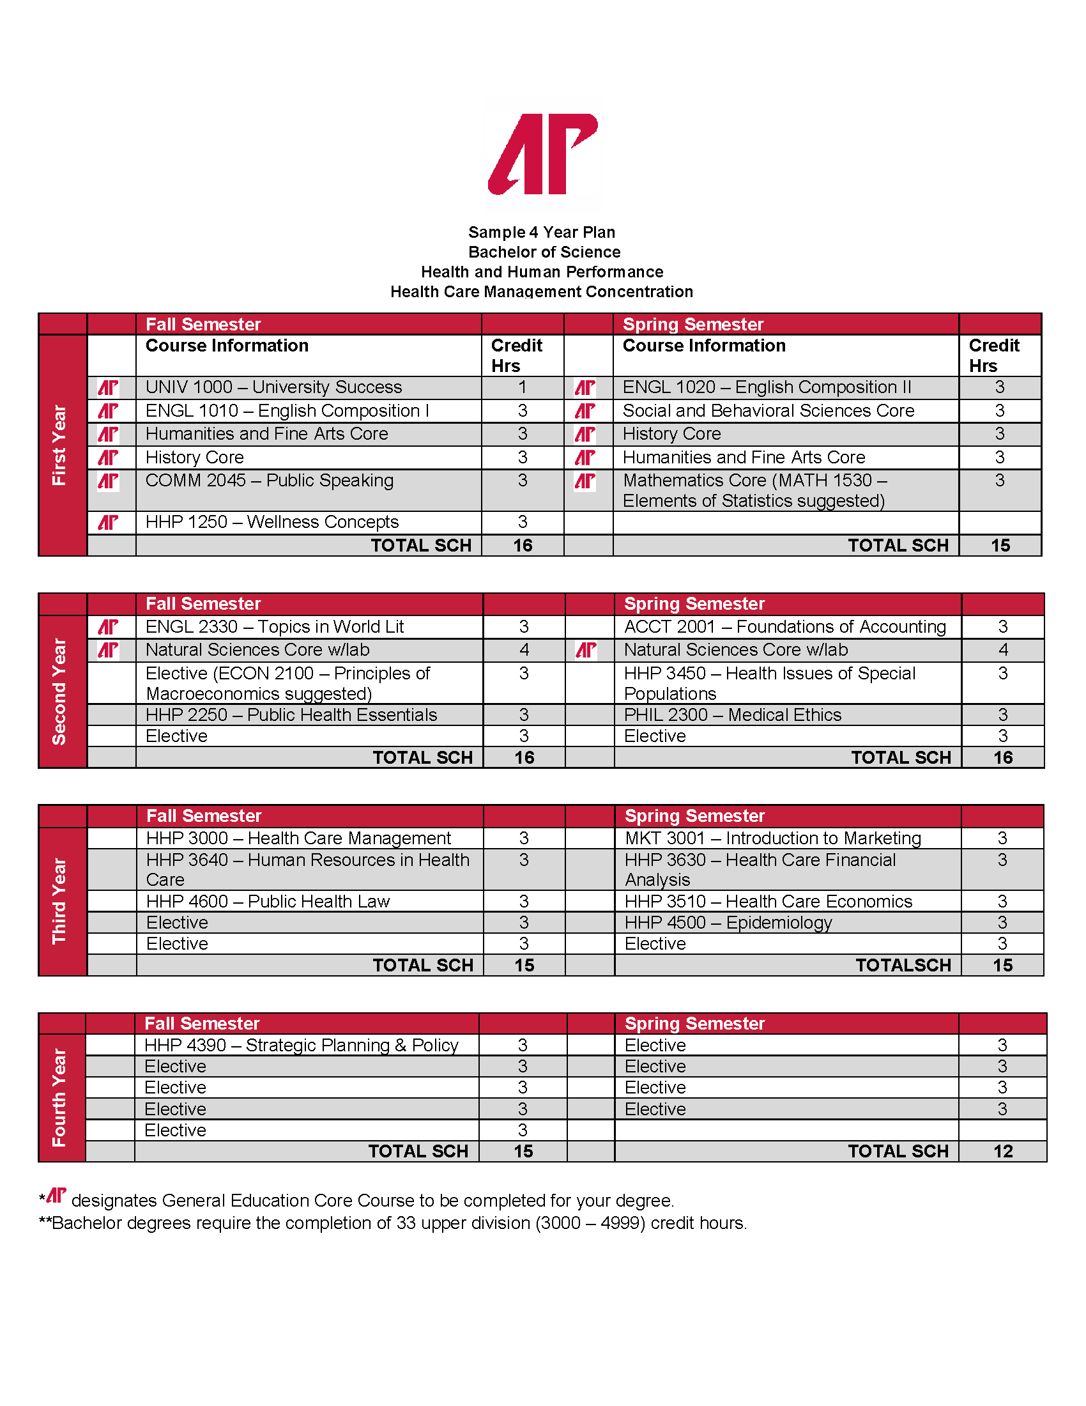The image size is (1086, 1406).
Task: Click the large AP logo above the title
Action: click(x=543, y=154)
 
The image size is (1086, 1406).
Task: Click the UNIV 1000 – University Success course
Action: click(x=273, y=387)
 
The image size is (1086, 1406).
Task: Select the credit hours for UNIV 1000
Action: click(x=523, y=387)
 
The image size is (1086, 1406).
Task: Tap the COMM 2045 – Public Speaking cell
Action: click(x=270, y=481)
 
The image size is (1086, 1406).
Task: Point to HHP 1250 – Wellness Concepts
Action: click(x=272, y=522)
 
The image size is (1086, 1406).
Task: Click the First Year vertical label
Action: click(x=59, y=445)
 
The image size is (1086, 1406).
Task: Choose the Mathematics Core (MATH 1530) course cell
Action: click(x=754, y=491)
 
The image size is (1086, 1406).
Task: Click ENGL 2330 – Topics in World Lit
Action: click(x=275, y=626)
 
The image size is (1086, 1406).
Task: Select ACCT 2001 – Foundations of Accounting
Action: click(x=785, y=626)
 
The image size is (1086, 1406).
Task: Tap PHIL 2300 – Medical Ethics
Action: click(x=732, y=715)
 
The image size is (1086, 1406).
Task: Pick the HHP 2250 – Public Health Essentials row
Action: click(x=291, y=715)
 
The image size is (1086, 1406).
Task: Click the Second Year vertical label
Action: click(x=59, y=691)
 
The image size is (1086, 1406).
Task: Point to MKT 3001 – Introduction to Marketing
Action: click(x=773, y=838)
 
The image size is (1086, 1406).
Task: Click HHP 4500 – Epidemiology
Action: click(x=728, y=922)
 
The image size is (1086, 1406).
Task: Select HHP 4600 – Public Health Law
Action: click(x=268, y=901)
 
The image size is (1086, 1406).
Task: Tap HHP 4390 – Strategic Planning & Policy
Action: click(x=301, y=1045)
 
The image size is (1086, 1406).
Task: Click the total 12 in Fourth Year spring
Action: click(x=1002, y=1151)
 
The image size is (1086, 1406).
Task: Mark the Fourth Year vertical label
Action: click(x=59, y=1097)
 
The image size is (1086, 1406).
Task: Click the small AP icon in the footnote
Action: click(x=57, y=1196)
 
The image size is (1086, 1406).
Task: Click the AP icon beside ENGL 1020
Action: click(x=585, y=387)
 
